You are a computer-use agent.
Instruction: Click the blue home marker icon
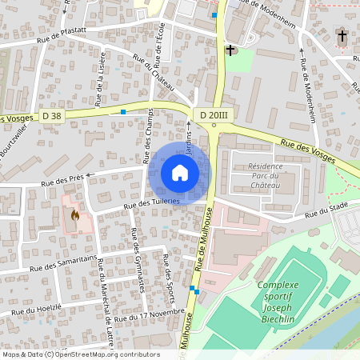point(180,173)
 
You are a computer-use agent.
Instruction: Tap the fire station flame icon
point(75,214)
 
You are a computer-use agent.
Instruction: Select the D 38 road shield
point(52,116)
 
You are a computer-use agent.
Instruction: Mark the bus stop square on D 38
point(123,112)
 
